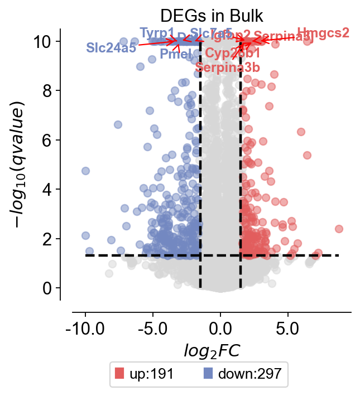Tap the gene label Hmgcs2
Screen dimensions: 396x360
pyautogui.click(x=323, y=33)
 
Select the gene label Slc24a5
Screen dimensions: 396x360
pyautogui.click(x=111, y=47)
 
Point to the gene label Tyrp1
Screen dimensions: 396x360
pyautogui.click(x=157, y=32)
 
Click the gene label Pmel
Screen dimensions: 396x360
pyautogui.click(x=175, y=54)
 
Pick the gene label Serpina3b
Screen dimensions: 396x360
pyautogui.click(x=228, y=67)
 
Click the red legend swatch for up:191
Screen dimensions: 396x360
pyautogui.click(x=119, y=374)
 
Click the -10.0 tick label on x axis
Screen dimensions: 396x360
pyautogui.click(x=85, y=326)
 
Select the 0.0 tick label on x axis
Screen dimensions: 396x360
pyautogui.click(x=220, y=326)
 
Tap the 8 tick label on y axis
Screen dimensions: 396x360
pyautogui.click(x=49, y=90)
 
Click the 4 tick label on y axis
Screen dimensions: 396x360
pyautogui.click(x=49, y=189)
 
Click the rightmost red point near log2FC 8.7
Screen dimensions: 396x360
pyautogui.click(x=339, y=229)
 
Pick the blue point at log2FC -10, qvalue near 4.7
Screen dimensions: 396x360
pyautogui.click(x=85, y=171)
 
